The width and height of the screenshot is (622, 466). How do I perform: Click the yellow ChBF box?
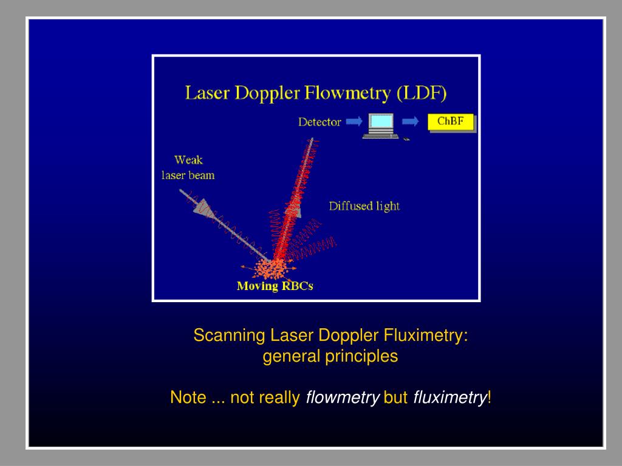click(451, 122)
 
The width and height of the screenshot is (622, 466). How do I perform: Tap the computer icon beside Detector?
click(381, 126)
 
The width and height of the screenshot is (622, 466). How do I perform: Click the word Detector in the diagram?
click(320, 122)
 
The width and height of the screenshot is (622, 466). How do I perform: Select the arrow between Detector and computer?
click(353, 122)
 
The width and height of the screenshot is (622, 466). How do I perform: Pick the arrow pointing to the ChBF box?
click(411, 122)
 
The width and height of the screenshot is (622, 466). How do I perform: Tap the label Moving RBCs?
click(275, 286)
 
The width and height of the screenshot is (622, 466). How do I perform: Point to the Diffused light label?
click(364, 206)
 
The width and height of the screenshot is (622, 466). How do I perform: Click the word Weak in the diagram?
click(188, 160)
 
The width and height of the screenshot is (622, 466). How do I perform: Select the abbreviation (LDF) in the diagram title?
click(422, 93)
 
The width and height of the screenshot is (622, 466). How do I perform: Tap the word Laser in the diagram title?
click(205, 93)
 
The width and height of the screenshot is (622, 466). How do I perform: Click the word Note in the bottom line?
click(188, 397)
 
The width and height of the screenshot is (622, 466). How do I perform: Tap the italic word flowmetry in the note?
click(343, 397)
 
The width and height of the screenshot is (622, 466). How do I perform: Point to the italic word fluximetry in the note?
click(450, 397)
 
